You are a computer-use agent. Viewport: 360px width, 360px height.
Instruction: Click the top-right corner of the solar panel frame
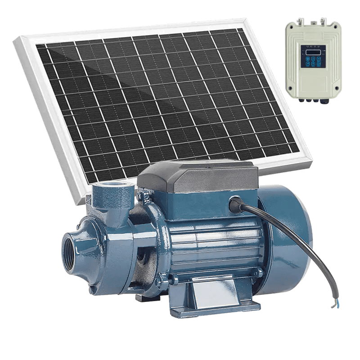click(245, 20)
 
